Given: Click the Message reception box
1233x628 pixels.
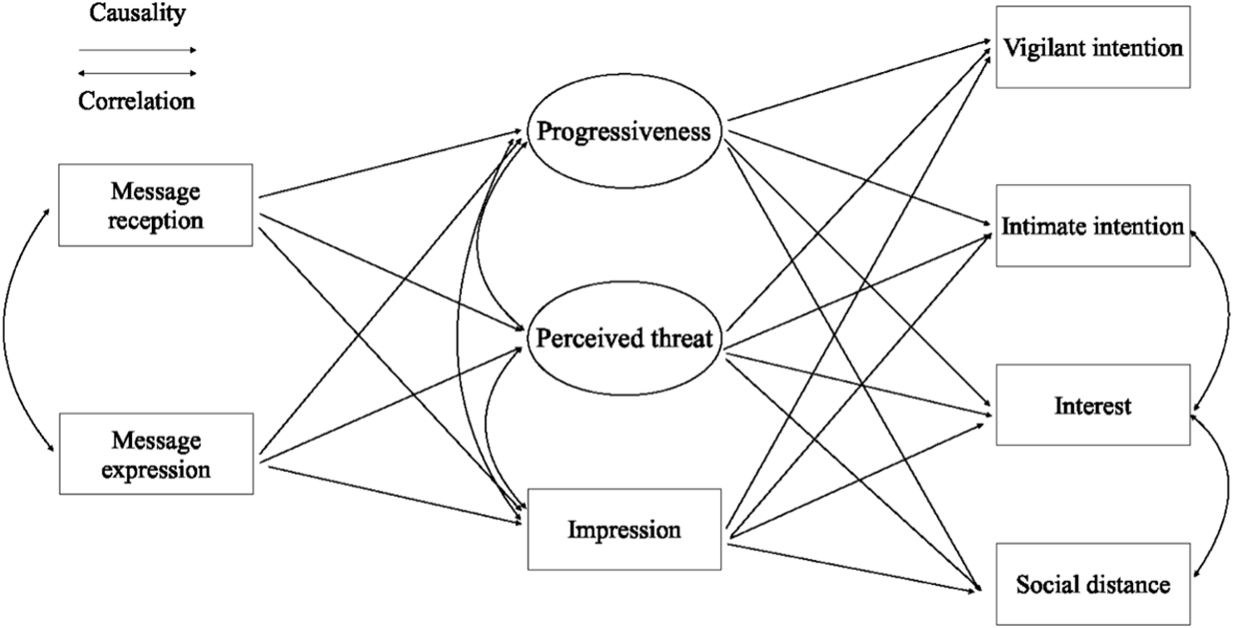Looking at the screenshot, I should pos(155,205).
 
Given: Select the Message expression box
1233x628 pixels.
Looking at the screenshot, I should pos(156,454).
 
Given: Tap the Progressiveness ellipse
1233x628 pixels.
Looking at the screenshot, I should pos(624,132).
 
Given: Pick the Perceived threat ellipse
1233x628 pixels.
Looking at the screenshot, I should pos(624,339).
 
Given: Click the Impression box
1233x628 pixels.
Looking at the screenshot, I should pos(624,529).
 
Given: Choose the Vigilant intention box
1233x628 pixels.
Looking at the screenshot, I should pos(1092,47).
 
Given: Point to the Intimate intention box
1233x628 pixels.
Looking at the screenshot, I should pos(1092,226).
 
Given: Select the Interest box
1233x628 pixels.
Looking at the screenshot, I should pos(1092,405).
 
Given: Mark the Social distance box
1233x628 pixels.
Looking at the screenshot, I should pos(1092,584).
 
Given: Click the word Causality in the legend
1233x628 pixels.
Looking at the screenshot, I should pos(137,13).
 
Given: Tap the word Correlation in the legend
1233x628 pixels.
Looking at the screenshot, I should pos(137,101).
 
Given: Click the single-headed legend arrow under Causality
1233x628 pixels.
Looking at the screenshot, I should pos(137,50).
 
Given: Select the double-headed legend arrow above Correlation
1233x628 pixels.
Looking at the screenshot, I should pos(137,73).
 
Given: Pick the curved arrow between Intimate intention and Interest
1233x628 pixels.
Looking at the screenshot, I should pos(1227,317).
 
